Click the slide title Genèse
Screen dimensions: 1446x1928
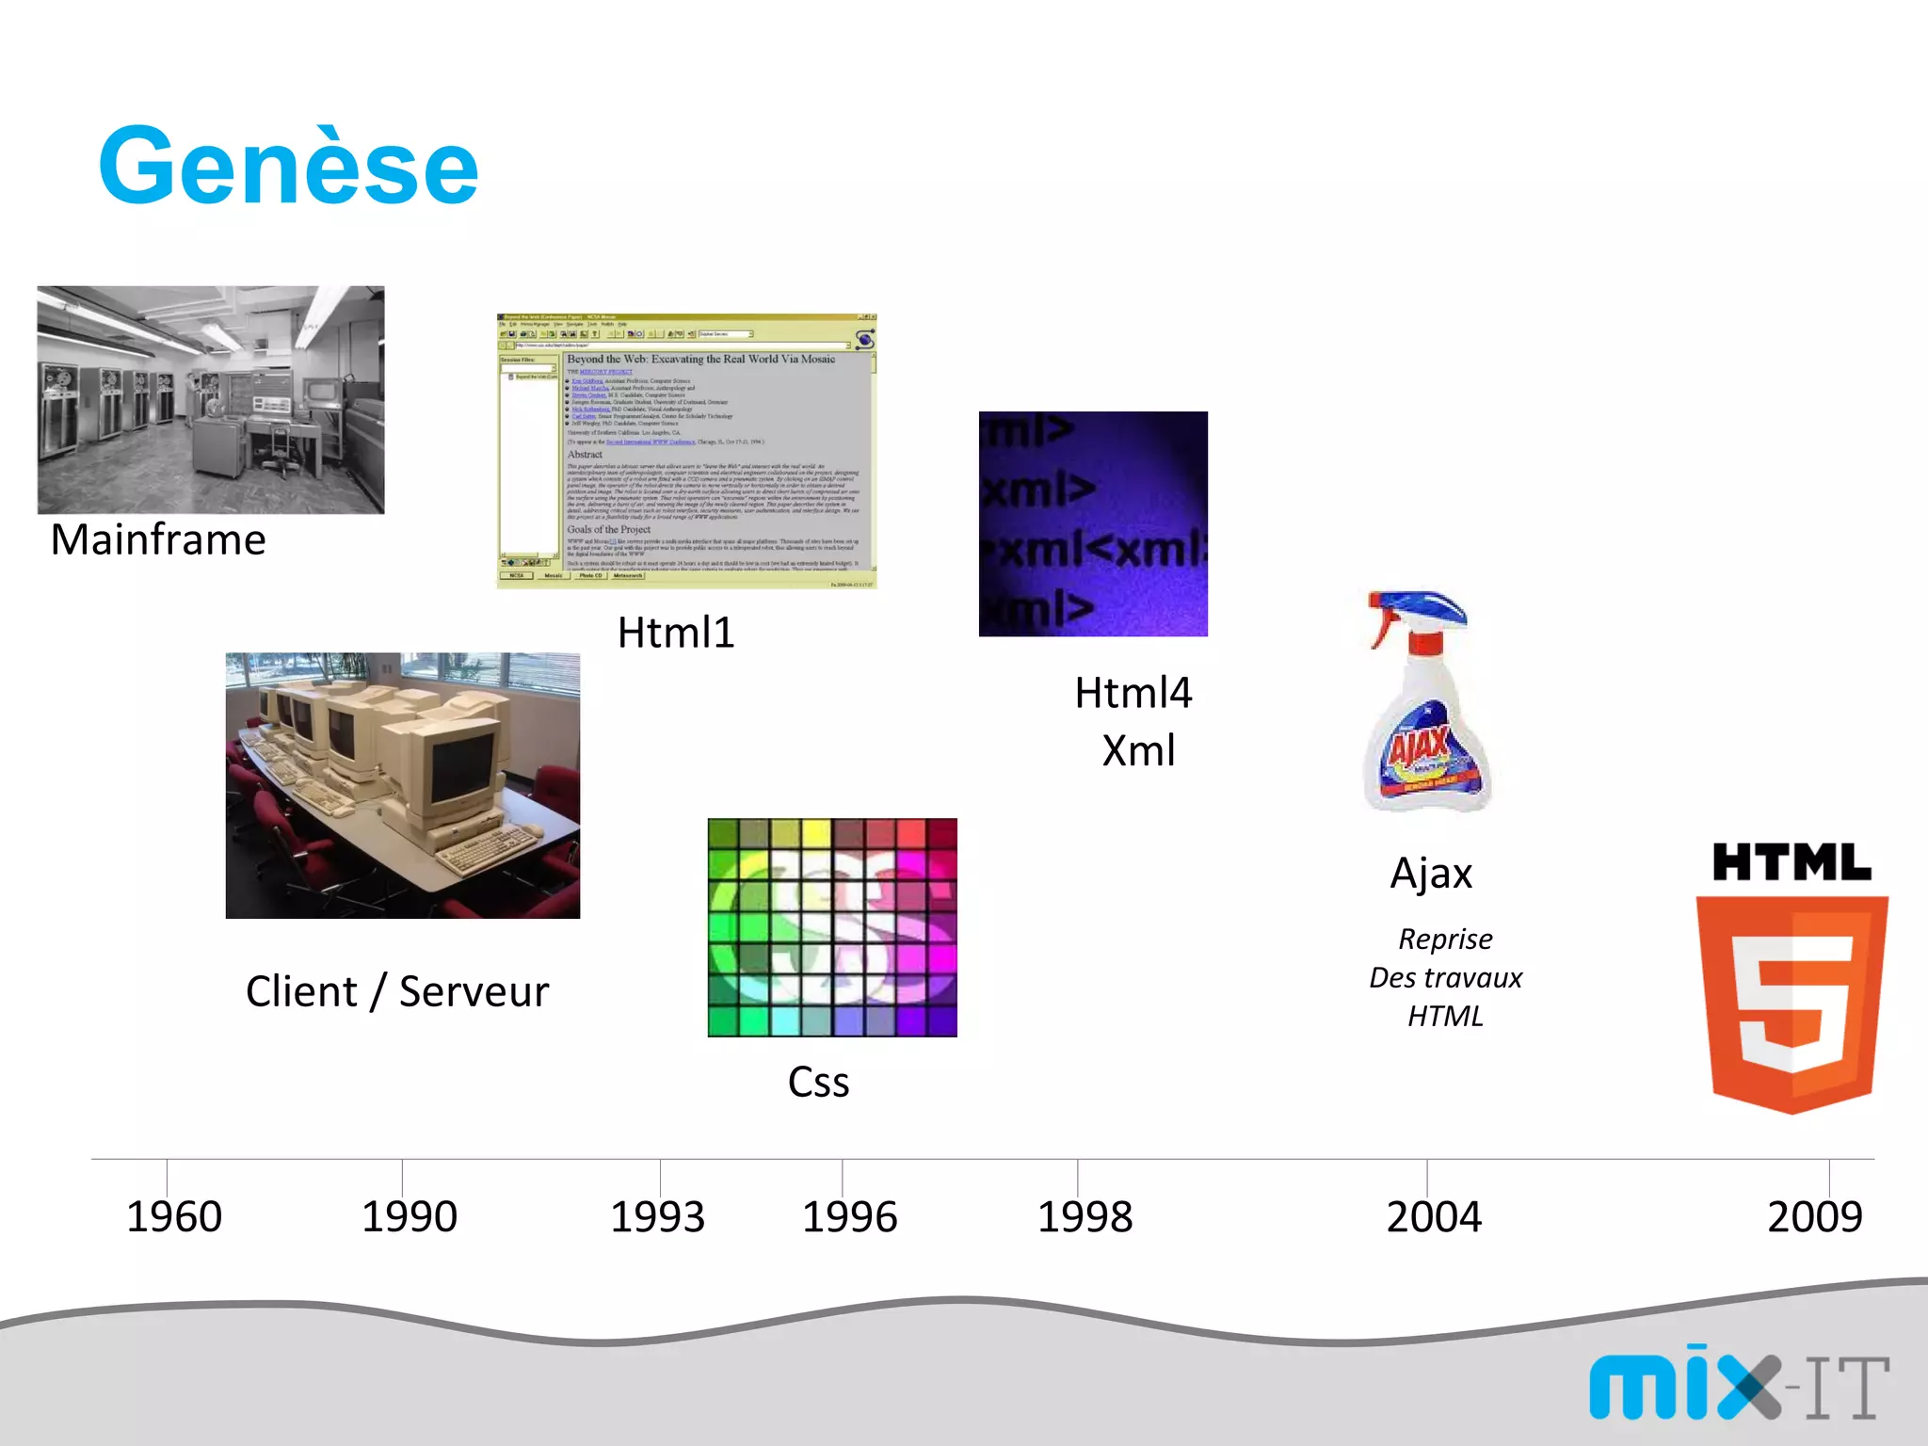(288, 168)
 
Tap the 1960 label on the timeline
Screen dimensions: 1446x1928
(174, 1216)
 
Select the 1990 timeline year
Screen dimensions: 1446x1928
(410, 1216)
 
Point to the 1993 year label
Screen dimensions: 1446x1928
(657, 1216)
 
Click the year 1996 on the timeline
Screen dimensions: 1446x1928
(849, 1216)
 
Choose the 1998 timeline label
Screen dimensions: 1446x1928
(1084, 1216)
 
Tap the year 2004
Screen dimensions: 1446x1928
(1434, 1216)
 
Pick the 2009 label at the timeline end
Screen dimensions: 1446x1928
(1814, 1216)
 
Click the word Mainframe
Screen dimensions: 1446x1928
(158, 540)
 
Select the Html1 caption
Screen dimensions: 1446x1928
(675, 633)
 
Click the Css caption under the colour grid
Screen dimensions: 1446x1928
(818, 1082)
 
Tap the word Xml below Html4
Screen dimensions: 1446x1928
(1138, 751)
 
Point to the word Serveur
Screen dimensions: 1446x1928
(474, 991)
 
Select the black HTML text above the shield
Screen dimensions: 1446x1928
(1791, 862)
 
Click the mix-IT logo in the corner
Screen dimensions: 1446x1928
(1738, 1384)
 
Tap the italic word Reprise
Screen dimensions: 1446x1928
(1445, 939)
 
